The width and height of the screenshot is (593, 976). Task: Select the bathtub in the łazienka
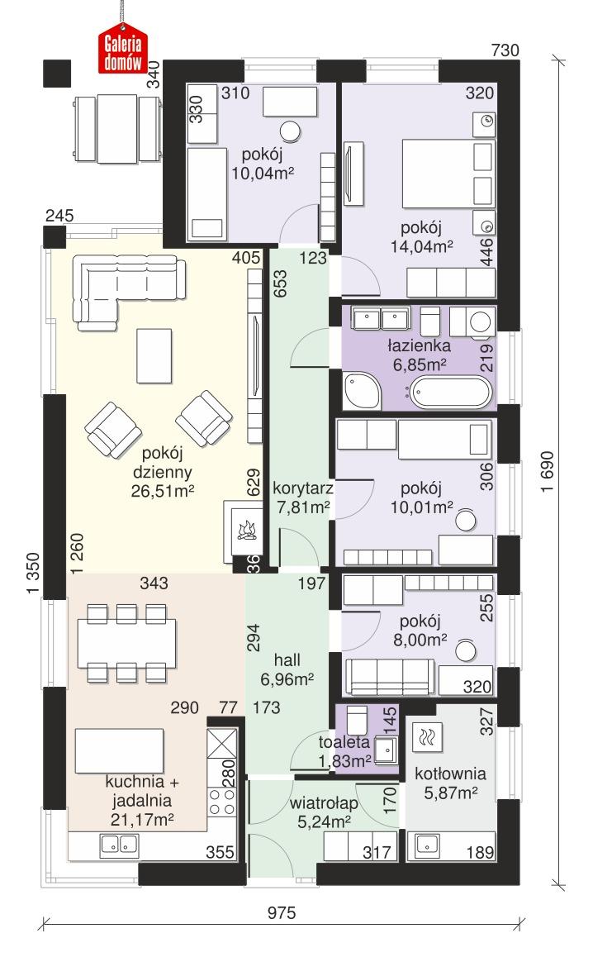450,390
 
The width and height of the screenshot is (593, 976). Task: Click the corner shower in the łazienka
361,391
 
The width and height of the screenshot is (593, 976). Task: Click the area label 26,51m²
162,492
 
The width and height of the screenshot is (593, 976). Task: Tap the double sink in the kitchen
119,845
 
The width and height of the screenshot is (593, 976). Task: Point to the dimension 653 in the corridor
282,283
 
